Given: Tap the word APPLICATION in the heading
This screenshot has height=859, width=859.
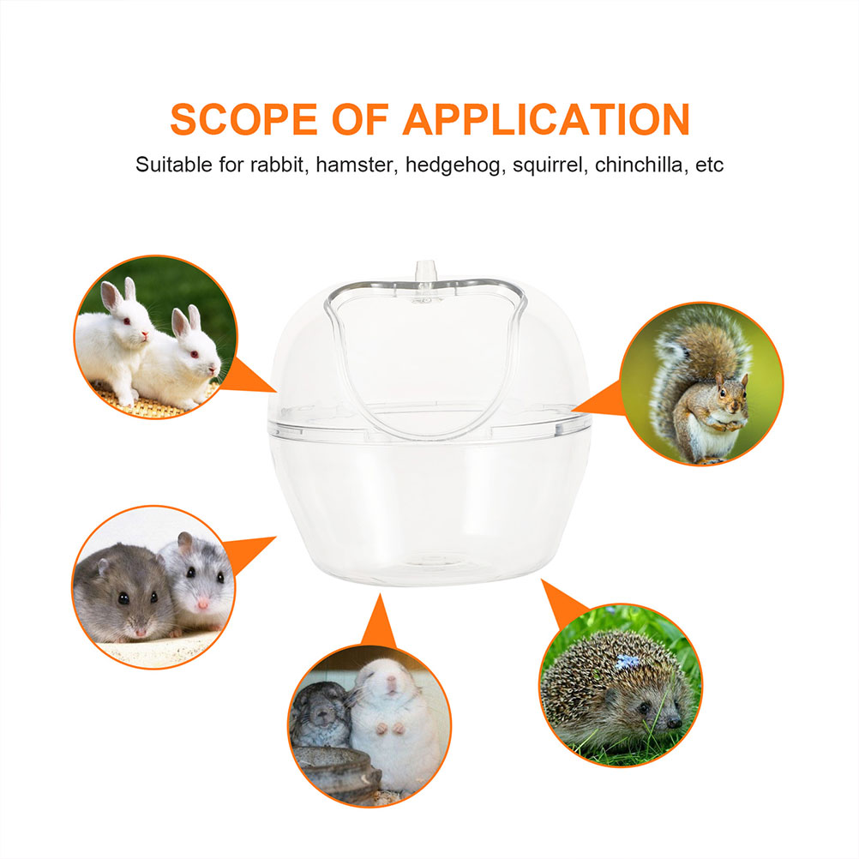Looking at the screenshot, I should click(546, 119).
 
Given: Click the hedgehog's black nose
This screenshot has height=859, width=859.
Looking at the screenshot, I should click(675, 723).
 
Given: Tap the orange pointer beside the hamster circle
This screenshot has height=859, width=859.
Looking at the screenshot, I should click(253, 550).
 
